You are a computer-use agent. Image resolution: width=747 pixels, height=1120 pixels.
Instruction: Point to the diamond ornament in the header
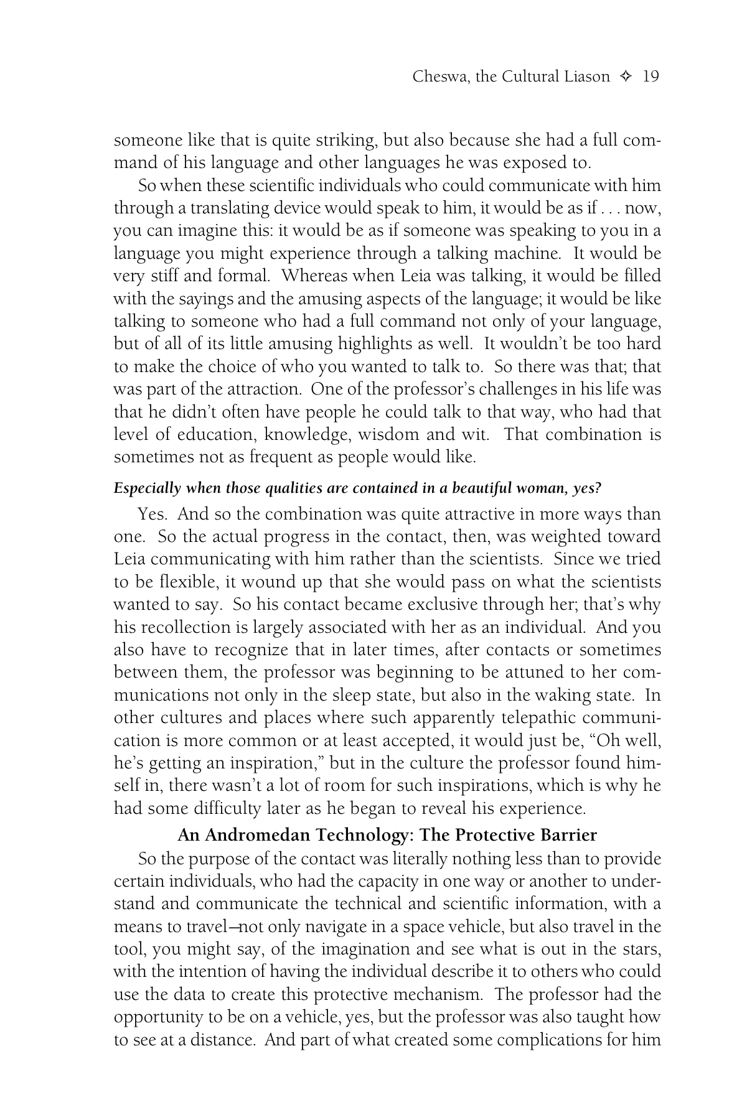626,77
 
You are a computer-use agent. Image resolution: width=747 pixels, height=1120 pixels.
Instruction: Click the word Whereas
316,276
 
